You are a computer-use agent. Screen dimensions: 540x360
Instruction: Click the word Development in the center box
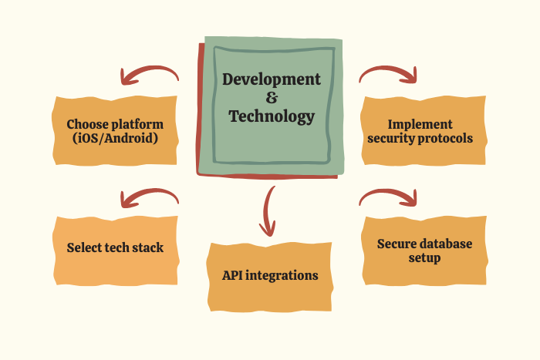click(x=272, y=79)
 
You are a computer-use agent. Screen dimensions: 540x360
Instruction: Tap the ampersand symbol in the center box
click(x=272, y=98)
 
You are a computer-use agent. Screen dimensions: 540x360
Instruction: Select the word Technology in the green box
click(x=272, y=116)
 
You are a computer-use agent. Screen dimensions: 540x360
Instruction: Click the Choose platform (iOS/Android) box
click(x=115, y=131)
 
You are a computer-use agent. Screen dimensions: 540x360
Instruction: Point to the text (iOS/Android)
click(x=115, y=138)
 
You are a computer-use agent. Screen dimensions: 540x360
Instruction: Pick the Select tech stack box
click(x=116, y=251)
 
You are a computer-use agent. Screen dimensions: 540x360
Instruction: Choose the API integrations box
click(x=270, y=277)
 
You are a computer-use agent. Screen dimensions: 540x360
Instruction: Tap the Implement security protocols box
click(x=424, y=131)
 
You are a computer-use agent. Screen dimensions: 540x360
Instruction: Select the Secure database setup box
click(x=424, y=251)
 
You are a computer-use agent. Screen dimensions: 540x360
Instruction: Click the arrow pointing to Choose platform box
click(x=149, y=69)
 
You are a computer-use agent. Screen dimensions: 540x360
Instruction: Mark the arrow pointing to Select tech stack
click(x=149, y=192)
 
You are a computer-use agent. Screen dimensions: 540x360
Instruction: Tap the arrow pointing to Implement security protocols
click(x=389, y=69)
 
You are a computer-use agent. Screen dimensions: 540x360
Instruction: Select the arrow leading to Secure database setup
click(x=389, y=192)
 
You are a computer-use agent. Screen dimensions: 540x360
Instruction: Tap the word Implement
click(x=420, y=125)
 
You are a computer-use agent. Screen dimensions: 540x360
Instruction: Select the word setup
click(x=424, y=257)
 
